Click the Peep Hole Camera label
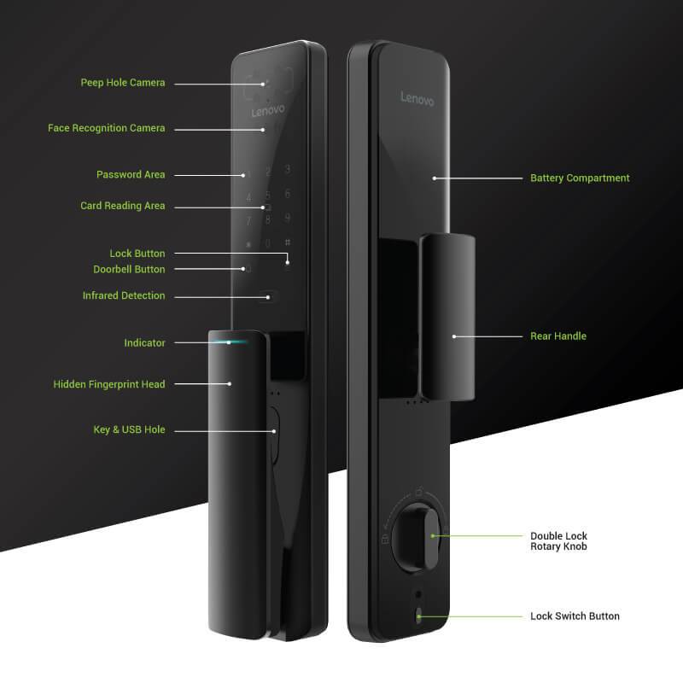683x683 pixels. point(123,83)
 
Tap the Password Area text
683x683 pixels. point(131,174)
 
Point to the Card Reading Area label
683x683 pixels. point(123,206)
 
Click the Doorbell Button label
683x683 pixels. point(129,269)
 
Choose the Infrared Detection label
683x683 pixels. point(124,295)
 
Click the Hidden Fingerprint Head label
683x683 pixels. point(109,384)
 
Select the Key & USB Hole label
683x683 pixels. point(129,429)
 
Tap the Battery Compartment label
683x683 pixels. point(580,178)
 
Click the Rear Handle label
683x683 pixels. point(558,336)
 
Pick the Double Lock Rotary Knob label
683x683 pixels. point(558,541)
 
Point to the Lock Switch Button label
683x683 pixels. point(575,616)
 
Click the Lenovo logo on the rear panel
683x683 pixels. point(417,99)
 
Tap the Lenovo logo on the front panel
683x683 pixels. point(267,112)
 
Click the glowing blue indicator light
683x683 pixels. point(230,342)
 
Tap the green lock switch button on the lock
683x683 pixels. point(418,615)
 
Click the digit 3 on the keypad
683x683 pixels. point(288,169)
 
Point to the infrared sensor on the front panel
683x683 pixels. point(270,297)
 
